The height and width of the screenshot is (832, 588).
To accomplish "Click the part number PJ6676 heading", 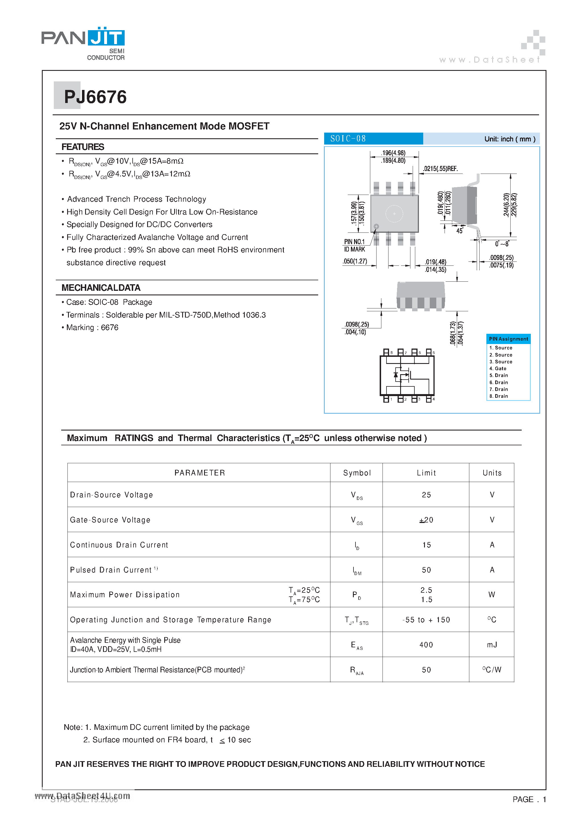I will [95, 97].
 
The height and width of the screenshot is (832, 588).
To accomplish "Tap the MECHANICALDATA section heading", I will [101, 288].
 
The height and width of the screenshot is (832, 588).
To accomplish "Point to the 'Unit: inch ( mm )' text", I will [510, 139].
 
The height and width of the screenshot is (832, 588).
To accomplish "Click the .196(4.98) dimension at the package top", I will [393, 153].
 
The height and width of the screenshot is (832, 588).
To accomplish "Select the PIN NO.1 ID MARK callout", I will [355, 245].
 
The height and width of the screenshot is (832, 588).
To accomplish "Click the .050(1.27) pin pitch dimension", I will [355, 261].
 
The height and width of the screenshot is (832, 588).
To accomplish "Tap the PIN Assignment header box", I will [508, 339].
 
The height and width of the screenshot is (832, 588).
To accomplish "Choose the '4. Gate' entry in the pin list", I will [498, 368].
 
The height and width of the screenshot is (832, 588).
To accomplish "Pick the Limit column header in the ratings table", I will [426, 473].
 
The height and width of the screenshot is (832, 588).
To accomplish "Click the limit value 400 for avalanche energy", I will [426, 645].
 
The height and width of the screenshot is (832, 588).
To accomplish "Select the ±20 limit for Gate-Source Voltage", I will [426, 520].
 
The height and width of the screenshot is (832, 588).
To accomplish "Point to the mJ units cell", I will [492, 645].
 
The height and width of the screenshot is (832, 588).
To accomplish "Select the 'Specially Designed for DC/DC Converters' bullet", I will [139, 225].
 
